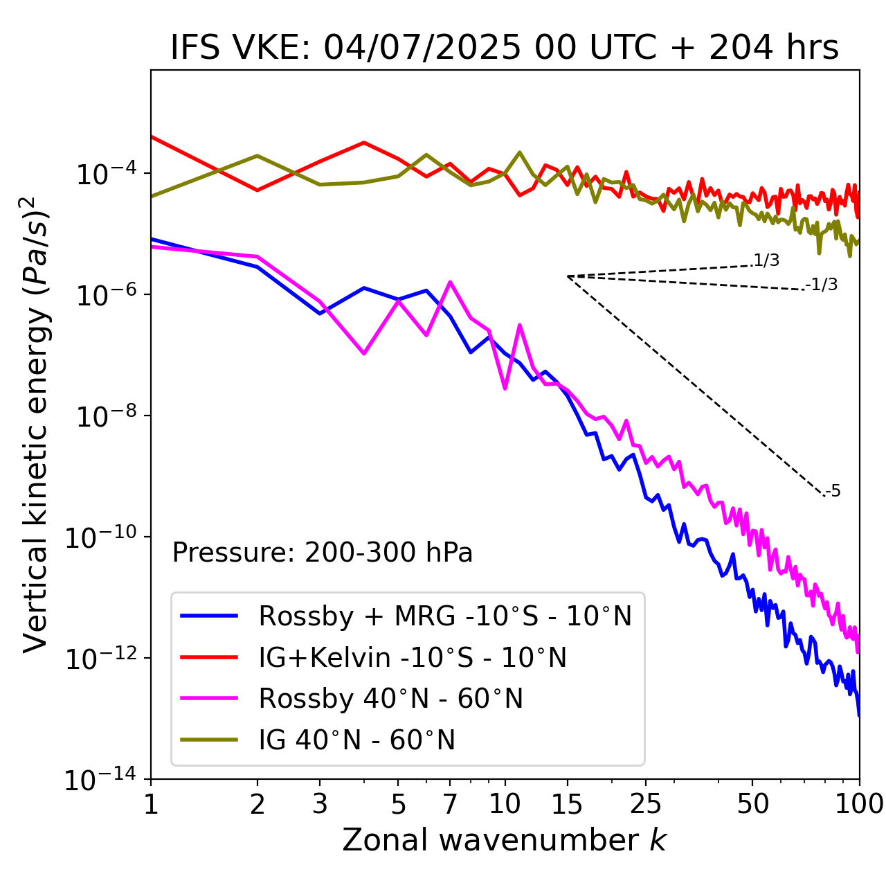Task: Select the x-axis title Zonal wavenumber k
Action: (505, 840)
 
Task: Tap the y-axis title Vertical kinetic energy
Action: (36, 424)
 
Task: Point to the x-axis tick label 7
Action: (450, 804)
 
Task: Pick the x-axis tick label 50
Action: (752, 804)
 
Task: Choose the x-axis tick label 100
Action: (858, 804)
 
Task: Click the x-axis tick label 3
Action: (320, 804)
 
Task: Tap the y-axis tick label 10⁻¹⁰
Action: (98, 537)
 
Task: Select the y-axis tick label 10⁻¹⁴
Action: (98, 780)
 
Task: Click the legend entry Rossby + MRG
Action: (444, 616)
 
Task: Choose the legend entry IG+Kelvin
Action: (413, 657)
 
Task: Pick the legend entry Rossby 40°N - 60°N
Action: (390, 699)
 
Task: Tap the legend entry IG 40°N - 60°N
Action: (356, 740)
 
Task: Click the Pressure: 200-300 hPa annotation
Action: (323, 553)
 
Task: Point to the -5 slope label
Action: (833, 492)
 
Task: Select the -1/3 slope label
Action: (822, 284)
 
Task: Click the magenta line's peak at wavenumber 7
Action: (450, 282)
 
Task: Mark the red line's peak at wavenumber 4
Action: (364, 143)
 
